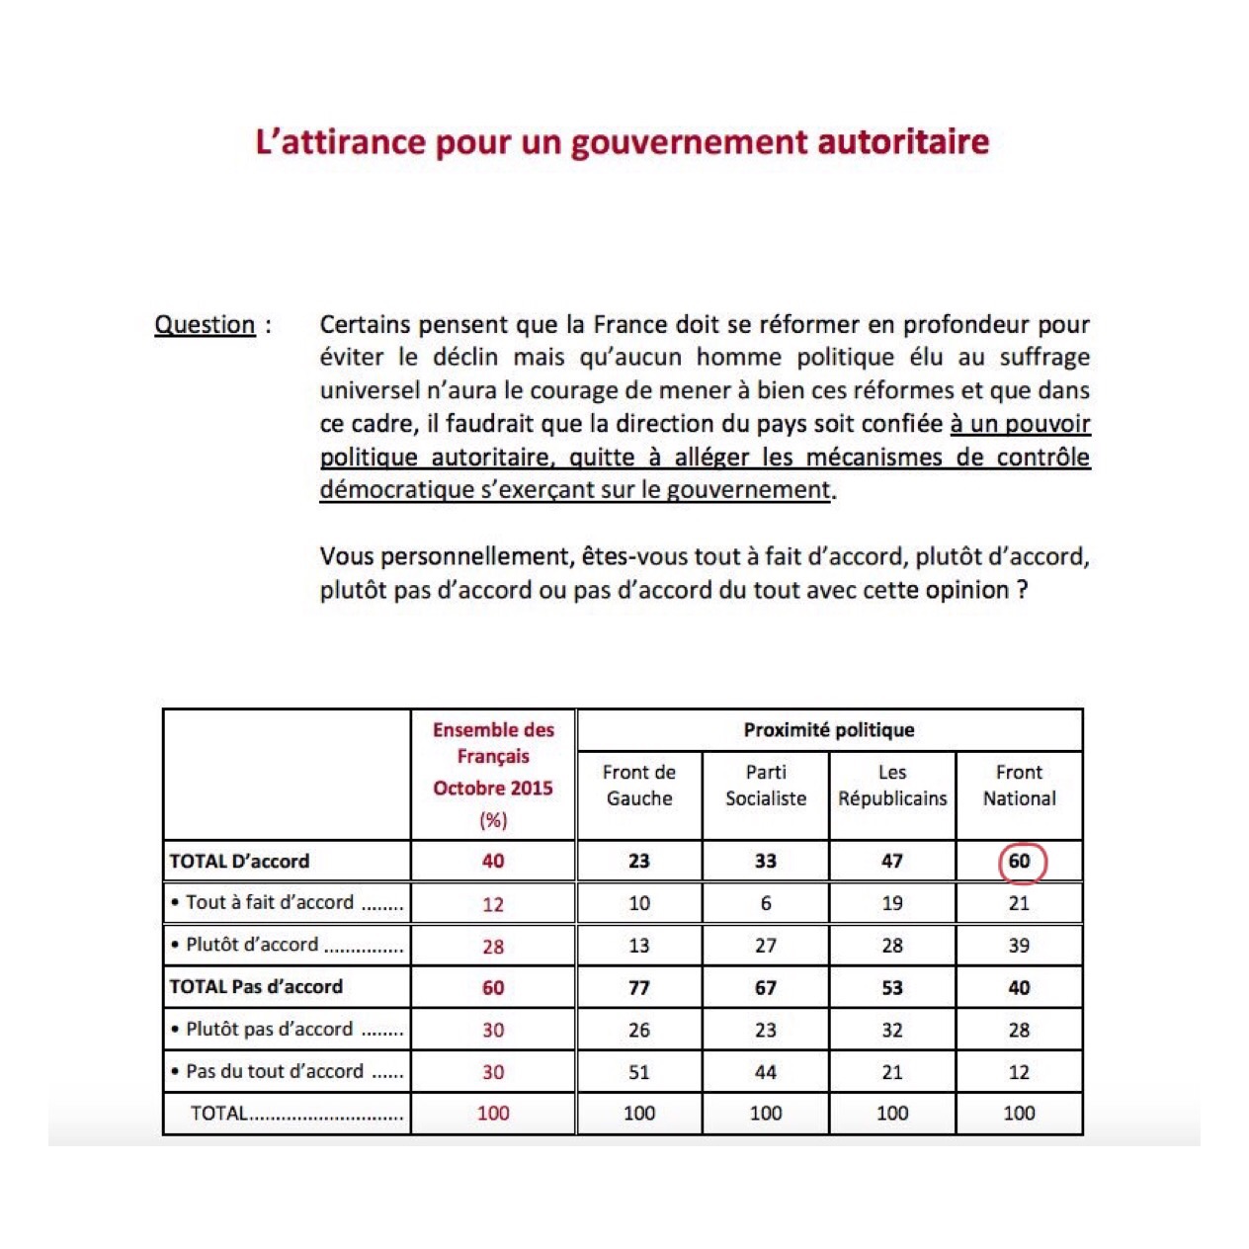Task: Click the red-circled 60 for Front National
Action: [x=1021, y=861]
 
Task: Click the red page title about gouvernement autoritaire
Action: [x=623, y=142]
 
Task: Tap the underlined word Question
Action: [x=205, y=325]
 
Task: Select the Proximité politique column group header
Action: [x=829, y=730]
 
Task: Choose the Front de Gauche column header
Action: [x=639, y=786]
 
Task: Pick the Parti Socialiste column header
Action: [x=766, y=786]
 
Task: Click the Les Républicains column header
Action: [x=892, y=786]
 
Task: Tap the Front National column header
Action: [x=1019, y=786]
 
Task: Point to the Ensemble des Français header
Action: [x=493, y=774]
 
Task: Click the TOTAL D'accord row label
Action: [x=239, y=861]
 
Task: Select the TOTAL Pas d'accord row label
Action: [x=256, y=986]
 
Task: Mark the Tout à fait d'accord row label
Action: [x=269, y=902]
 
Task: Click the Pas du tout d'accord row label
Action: [x=274, y=1071]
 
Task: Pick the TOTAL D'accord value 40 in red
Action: [x=493, y=861]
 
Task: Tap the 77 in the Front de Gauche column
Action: [x=639, y=987]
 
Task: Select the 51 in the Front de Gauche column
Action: [x=639, y=1072]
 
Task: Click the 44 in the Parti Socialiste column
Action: [x=766, y=1072]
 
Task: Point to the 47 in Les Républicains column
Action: [x=892, y=861]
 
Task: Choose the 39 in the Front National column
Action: [x=1019, y=946]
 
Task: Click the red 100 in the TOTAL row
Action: [x=493, y=1114]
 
